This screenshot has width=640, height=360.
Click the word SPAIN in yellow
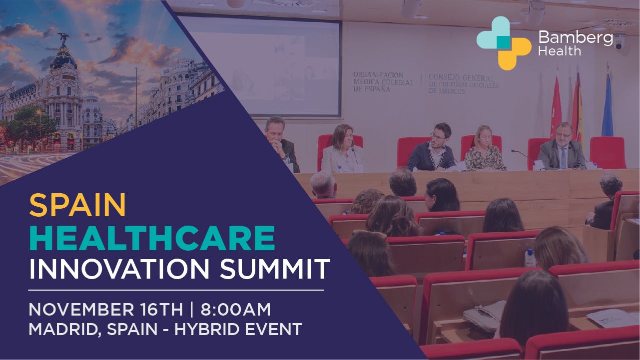(77, 205)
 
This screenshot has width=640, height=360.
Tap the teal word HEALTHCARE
(152, 238)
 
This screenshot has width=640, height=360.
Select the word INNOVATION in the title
(119, 269)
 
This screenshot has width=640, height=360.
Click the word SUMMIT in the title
(275, 269)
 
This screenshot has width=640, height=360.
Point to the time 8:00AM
(235, 310)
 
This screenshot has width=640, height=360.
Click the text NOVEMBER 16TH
(106, 310)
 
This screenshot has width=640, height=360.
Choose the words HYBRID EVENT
(238, 329)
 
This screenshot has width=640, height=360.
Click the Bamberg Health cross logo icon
(504, 43)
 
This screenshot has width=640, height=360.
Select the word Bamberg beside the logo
(576, 37)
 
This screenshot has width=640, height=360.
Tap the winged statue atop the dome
(63, 37)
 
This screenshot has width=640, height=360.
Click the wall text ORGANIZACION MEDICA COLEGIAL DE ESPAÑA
(383, 82)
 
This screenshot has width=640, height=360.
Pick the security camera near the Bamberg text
(619, 42)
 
